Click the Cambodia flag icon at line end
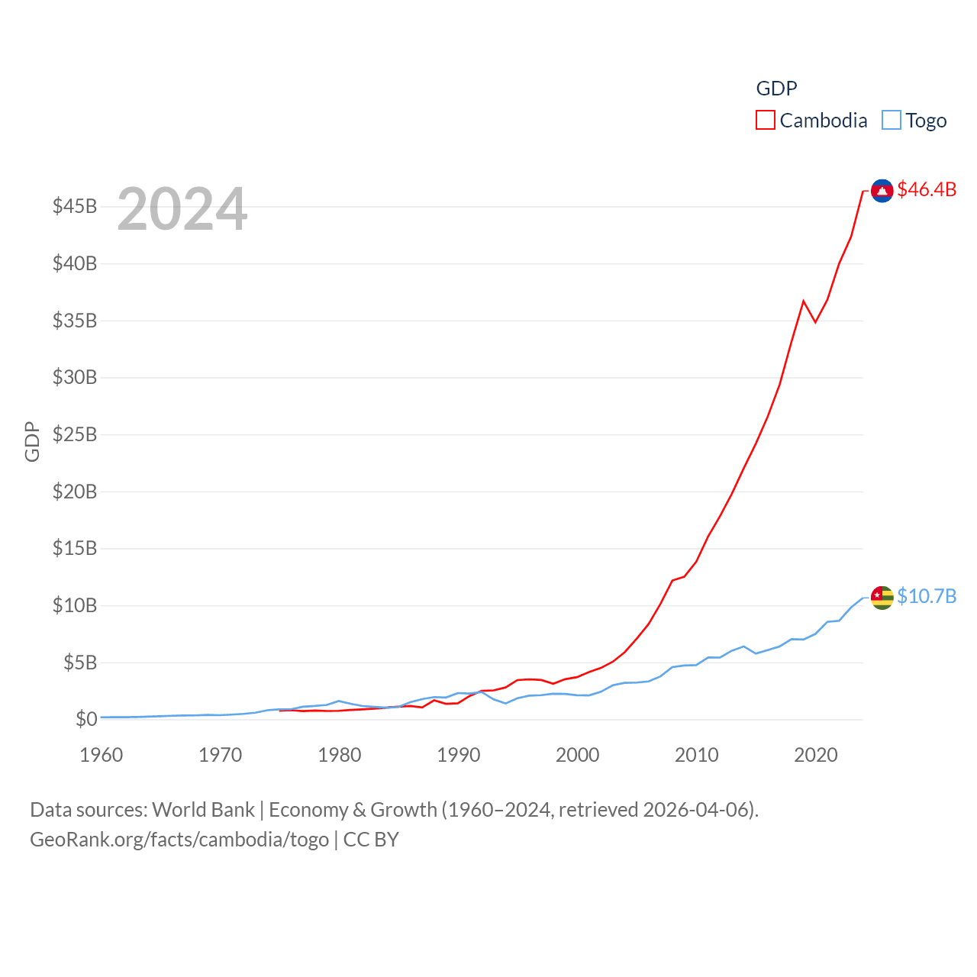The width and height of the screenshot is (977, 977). click(x=882, y=190)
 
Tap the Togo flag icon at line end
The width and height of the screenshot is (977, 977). click(x=882, y=598)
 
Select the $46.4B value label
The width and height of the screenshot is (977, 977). click(x=927, y=189)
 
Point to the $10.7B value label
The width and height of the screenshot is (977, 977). click(x=927, y=596)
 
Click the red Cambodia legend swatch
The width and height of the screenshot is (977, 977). click(x=766, y=121)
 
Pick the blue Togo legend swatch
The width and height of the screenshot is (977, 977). click(x=891, y=121)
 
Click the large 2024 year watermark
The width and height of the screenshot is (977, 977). click(x=182, y=208)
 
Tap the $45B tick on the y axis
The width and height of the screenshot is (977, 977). click(x=75, y=206)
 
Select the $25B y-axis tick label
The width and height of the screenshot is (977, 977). click(x=75, y=434)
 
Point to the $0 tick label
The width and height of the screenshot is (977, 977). click(x=86, y=719)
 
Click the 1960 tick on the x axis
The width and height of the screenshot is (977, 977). click(x=102, y=755)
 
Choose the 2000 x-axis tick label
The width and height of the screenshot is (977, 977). click(x=578, y=755)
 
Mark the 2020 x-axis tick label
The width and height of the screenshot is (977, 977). click(x=816, y=755)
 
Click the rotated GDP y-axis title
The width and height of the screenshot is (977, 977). click(x=32, y=441)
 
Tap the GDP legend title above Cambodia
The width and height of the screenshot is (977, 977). click(x=776, y=89)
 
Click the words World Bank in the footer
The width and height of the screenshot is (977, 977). click(x=203, y=809)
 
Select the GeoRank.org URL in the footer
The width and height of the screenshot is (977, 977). click(x=179, y=840)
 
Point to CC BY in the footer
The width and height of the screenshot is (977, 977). click(x=371, y=840)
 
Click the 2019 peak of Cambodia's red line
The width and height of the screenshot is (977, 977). click(x=804, y=301)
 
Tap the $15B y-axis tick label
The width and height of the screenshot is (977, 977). click(x=75, y=548)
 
